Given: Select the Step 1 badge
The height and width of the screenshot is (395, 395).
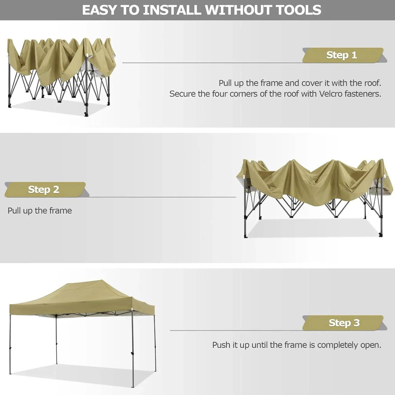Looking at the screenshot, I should click(342, 55).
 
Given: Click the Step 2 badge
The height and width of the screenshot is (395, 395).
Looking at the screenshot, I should click(44, 190).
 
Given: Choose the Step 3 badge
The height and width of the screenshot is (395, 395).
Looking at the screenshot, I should click(344, 323).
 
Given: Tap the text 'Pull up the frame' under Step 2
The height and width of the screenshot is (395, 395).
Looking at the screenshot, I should click(40, 211).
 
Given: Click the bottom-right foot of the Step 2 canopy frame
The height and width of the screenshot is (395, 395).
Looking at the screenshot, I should click(381, 235).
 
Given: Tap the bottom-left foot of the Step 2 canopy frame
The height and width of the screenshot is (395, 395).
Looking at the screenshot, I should click(246, 236).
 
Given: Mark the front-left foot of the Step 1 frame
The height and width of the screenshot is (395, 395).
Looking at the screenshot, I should click(10, 106).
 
